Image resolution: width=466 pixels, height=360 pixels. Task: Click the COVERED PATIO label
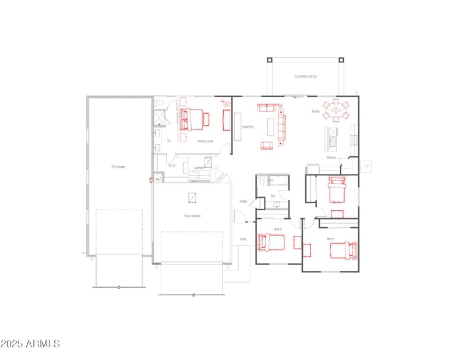click(305, 76)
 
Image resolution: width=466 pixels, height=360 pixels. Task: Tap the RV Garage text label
click(118, 167)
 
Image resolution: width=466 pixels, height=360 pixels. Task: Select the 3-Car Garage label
click(192, 216)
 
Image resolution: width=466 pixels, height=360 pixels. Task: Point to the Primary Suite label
click(205, 141)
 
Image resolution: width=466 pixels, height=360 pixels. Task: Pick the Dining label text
click(315, 111)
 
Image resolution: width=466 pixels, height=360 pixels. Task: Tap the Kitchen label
click(330, 158)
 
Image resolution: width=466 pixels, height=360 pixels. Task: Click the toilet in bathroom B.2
click(262, 182)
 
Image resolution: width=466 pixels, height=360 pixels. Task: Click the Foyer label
click(243, 202)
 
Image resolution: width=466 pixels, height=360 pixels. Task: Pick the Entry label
click(243, 239)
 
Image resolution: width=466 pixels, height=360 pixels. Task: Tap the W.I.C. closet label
click(172, 165)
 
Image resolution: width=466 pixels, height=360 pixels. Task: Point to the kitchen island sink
click(333, 141)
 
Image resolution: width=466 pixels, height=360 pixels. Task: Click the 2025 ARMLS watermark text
click(30, 344)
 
